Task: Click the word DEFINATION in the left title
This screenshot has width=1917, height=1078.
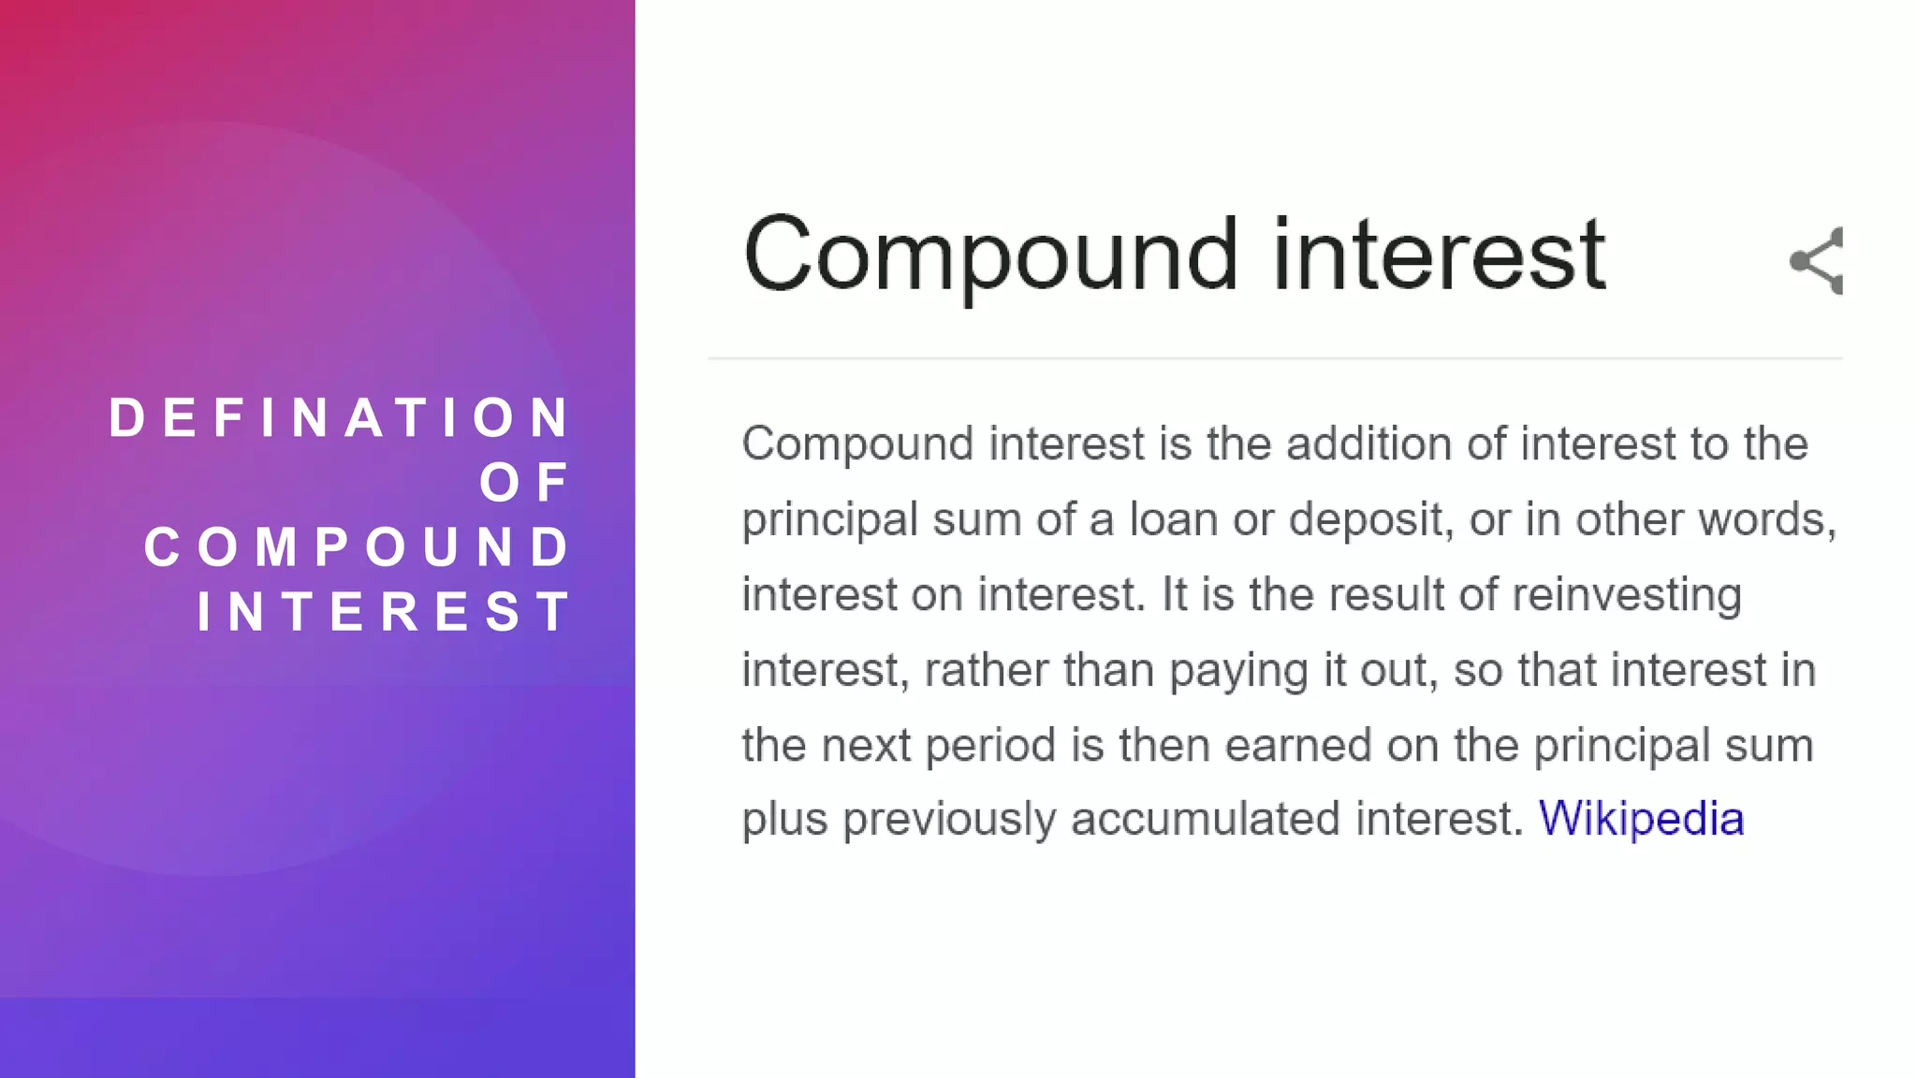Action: [339, 417]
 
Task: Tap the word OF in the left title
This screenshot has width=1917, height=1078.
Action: [524, 483]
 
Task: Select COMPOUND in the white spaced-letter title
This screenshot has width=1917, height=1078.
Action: [358, 547]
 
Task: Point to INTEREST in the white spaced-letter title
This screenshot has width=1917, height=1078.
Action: [384, 612]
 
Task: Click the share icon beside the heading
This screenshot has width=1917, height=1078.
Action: [1817, 261]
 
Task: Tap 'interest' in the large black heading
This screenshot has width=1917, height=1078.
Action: [1439, 255]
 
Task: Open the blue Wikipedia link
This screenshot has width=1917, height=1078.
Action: [1641, 819]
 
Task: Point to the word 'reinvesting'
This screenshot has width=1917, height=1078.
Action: [1627, 595]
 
